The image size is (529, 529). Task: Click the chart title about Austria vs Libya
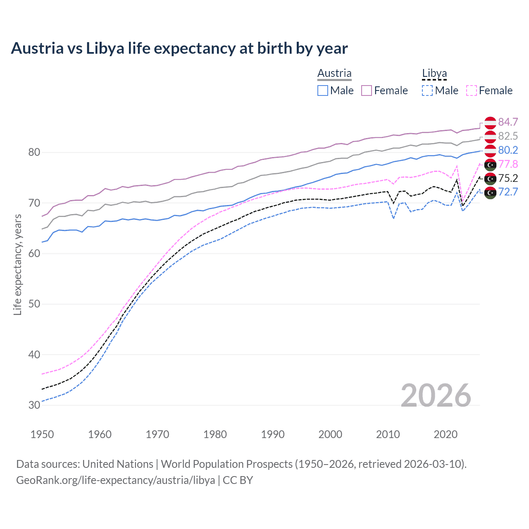[x=179, y=48]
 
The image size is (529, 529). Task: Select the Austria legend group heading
[x=334, y=73]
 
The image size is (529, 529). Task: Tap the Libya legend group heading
[x=434, y=73]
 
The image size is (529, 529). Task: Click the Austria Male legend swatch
[x=323, y=91]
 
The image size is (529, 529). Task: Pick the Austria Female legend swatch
[x=367, y=91]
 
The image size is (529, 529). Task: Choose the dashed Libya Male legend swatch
[x=427, y=91]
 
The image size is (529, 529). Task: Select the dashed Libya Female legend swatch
[x=472, y=91]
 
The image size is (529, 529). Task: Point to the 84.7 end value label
[x=508, y=122]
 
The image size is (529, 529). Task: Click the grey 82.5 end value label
[x=508, y=136]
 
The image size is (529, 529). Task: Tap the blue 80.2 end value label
[x=508, y=150]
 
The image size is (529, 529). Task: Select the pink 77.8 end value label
[x=508, y=164]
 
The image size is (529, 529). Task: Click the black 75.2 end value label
[x=508, y=178]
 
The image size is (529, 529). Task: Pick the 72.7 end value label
[x=508, y=192]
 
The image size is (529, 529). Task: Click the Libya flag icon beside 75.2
[x=490, y=179]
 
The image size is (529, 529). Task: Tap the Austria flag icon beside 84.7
[x=490, y=123]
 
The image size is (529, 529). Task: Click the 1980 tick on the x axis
[x=215, y=434]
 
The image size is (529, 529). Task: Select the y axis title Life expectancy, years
[x=17, y=264]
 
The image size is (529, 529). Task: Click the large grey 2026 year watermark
[x=436, y=396]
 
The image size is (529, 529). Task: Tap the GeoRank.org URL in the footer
[x=115, y=480]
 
